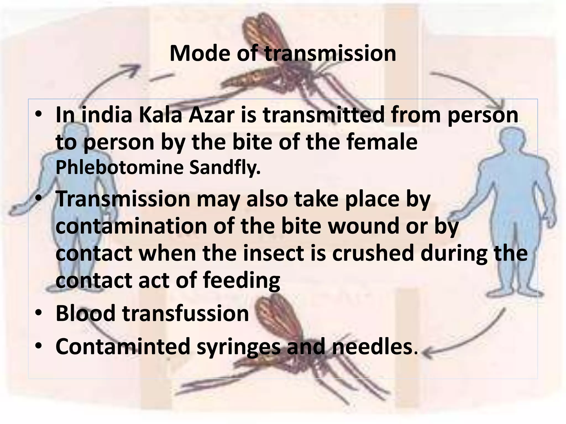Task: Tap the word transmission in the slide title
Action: (331, 53)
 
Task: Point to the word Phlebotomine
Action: (119, 168)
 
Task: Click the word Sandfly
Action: (225, 168)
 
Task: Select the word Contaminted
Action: (123, 346)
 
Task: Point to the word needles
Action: (372, 346)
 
